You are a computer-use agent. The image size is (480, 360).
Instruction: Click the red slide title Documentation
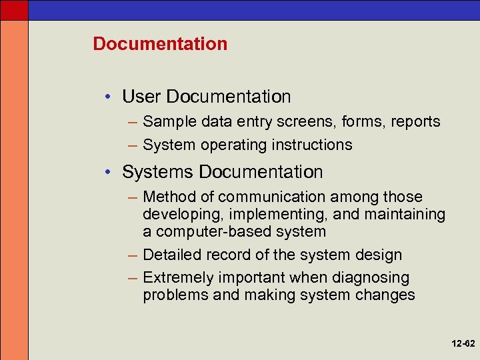coord(160,44)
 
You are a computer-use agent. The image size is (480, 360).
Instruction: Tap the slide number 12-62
coord(461,344)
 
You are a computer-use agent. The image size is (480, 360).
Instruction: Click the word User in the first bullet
coord(141,97)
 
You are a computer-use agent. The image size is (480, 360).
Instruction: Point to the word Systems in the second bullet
coord(157,172)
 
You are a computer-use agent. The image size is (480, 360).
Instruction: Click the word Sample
coord(165,122)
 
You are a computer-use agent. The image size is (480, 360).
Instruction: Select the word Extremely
coord(174,277)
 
